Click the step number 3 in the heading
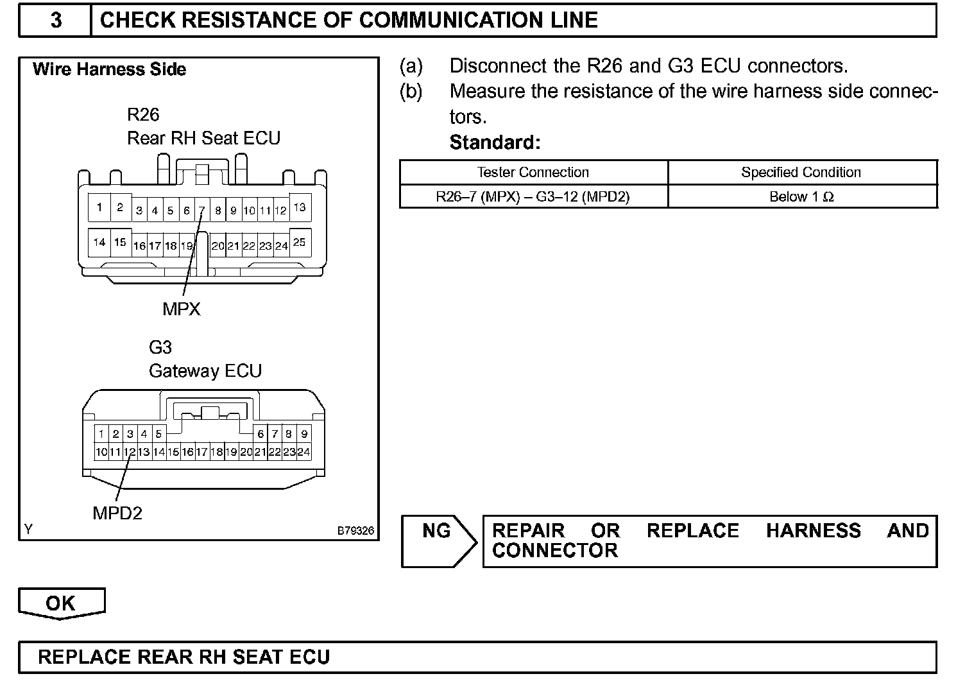point(56,20)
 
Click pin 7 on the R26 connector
point(201,210)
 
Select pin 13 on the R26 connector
point(300,207)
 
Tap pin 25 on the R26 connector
point(300,243)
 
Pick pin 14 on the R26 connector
point(99,243)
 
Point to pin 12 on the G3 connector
point(130,452)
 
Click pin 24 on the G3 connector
point(304,452)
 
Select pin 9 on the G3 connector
point(304,434)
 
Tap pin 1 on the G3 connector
point(101,434)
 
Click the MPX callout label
point(182,309)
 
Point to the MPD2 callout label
point(117,513)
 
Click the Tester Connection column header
point(533,172)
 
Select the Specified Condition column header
point(801,172)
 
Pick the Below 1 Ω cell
point(801,196)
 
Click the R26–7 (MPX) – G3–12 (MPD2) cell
point(533,196)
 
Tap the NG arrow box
point(438,540)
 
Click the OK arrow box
point(61,603)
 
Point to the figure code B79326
point(355,532)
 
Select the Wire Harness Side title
point(110,69)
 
